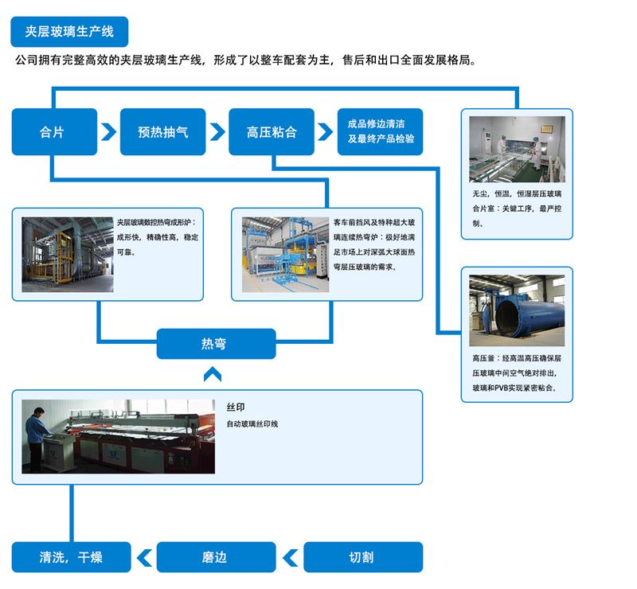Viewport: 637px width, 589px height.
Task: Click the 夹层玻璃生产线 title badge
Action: pos(69,32)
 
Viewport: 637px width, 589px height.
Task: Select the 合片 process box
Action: pos(54,132)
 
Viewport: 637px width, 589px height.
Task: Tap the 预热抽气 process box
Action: pos(163,132)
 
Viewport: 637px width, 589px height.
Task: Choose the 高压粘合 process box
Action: pos(272,132)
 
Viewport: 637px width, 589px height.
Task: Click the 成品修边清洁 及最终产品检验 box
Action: pos(380,132)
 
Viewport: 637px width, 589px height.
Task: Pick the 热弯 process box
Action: pos(217,344)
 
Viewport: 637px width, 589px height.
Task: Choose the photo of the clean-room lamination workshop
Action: pos(517,150)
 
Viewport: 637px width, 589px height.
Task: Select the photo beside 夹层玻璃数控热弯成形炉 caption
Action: pos(66,254)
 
